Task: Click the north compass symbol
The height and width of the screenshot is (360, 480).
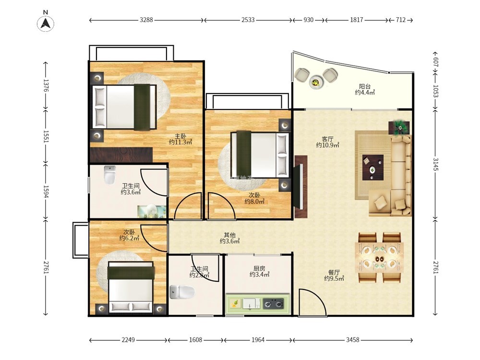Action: [x=46, y=23]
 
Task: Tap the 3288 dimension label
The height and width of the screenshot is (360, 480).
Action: [x=146, y=20]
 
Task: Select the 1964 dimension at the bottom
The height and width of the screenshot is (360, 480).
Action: [x=258, y=340]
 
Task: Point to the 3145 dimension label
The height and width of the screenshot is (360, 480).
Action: [x=435, y=165]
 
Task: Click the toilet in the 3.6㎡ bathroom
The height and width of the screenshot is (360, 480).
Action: [x=109, y=175]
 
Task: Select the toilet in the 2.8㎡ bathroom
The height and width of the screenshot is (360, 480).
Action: [x=182, y=292]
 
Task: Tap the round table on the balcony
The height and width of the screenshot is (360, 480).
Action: [x=316, y=82]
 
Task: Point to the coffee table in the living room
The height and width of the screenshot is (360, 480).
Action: [x=373, y=168]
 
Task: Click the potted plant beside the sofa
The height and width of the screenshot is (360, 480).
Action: [x=399, y=127]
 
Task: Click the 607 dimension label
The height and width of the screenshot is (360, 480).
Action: [x=435, y=62]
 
